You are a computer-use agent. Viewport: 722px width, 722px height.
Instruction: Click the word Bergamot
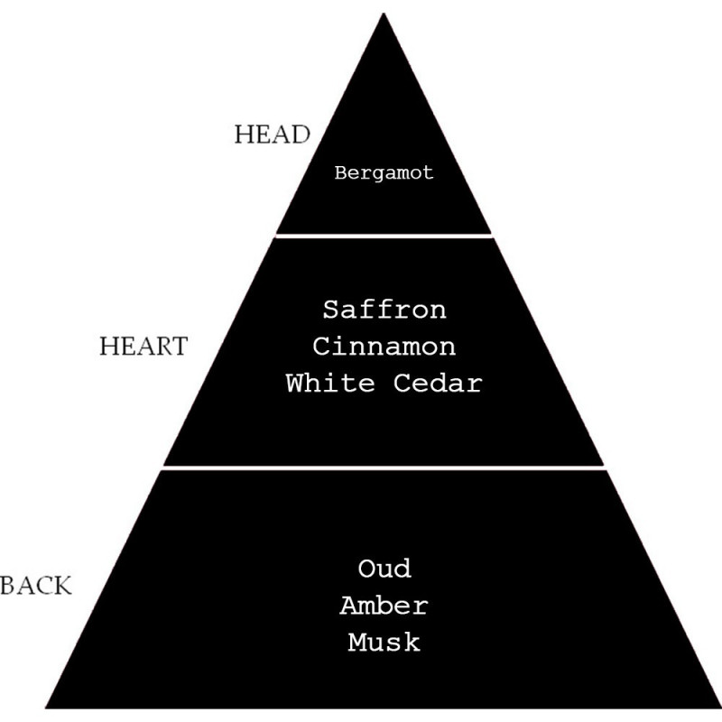[x=384, y=173]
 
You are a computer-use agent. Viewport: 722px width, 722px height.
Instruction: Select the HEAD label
[x=272, y=135]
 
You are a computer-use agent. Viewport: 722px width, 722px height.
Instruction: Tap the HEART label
[x=143, y=347]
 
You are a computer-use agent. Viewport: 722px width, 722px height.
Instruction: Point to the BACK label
[x=35, y=586]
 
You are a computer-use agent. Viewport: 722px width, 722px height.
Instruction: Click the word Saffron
[x=384, y=310]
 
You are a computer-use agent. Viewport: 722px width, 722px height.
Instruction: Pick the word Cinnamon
[x=384, y=347]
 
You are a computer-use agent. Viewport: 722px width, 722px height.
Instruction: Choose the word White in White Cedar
[x=329, y=383]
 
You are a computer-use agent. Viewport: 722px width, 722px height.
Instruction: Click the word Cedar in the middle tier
[x=438, y=383]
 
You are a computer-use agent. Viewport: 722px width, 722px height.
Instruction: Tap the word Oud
[x=384, y=569]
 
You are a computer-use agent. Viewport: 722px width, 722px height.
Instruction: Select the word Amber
[x=384, y=606]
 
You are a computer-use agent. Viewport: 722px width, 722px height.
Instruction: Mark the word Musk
[x=384, y=643]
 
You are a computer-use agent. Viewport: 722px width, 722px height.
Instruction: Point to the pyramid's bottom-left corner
[x=48, y=707]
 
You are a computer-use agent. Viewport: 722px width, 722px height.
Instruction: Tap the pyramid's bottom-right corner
[x=719, y=707]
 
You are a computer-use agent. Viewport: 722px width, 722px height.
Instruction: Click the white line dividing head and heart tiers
[x=384, y=235]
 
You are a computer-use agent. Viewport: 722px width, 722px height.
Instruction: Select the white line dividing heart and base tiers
[x=384, y=467]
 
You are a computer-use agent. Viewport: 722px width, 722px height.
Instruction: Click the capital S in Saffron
[x=331, y=310]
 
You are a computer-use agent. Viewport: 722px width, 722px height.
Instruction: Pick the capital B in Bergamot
[x=340, y=173]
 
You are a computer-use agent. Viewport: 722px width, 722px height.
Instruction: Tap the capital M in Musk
[x=356, y=643]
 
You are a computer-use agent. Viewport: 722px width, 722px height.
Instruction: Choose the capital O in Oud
[x=366, y=569]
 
